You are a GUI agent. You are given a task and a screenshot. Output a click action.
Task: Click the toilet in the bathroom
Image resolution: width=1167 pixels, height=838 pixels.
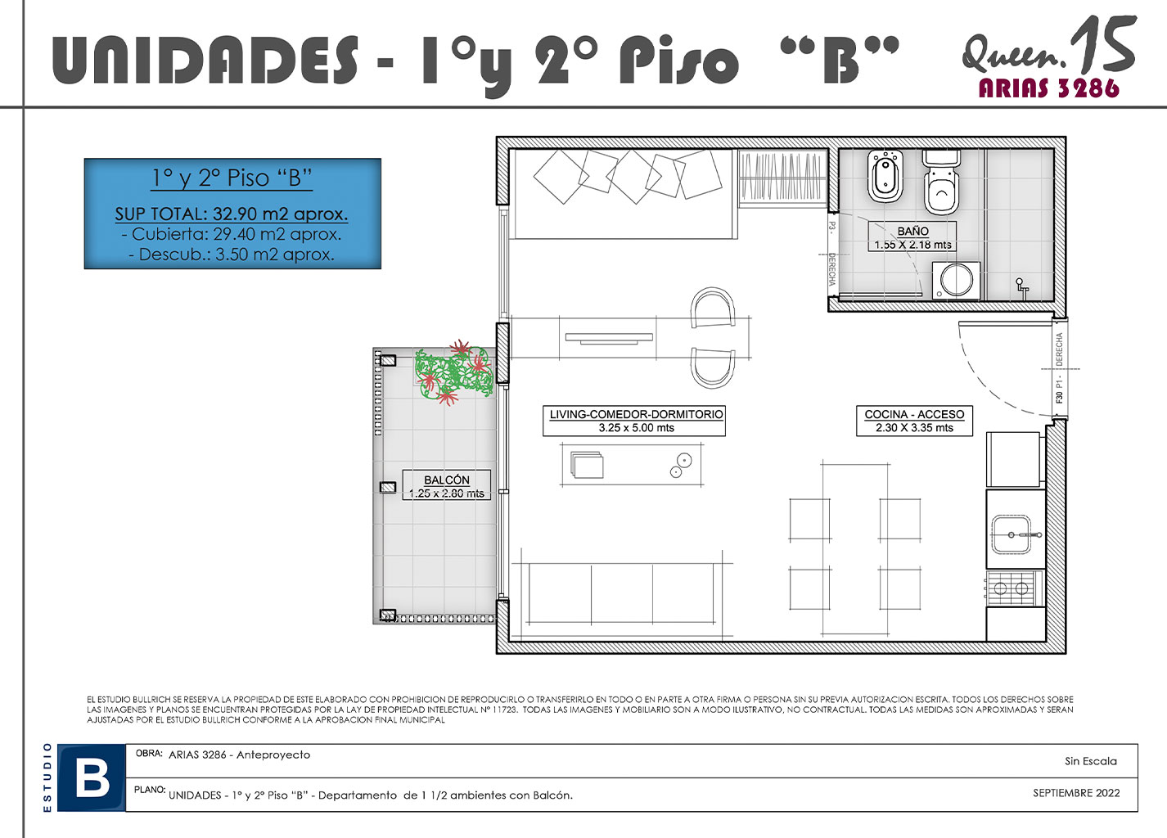tap(941, 182)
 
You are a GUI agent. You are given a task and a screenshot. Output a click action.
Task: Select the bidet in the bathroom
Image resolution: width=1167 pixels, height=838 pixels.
tap(885, 177)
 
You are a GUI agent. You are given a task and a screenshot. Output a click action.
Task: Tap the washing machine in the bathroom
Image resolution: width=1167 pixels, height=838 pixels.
tap(956, 281)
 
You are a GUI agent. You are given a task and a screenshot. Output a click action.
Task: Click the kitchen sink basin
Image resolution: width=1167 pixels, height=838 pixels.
tap(1011, 534)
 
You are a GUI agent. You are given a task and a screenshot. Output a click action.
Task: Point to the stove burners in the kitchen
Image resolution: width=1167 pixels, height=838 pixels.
tap(1011, 588)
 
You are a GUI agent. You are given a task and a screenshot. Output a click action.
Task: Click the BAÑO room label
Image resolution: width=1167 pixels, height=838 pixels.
tap(912, 231)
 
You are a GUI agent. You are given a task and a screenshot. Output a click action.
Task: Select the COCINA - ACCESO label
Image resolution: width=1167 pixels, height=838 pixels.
tap(914, 414)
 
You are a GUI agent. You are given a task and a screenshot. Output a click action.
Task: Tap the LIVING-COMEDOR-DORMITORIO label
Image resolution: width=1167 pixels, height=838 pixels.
tap(636, 414)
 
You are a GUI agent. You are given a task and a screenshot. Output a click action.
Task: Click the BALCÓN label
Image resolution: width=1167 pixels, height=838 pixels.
tap(447, 480)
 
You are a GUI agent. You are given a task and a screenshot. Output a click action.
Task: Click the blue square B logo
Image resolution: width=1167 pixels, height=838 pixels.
tap(92, 777)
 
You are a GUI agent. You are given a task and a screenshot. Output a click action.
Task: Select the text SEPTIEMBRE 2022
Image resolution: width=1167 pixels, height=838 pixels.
tap(1076, 793)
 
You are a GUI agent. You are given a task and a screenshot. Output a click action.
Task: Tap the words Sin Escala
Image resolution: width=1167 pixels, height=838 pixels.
tap(1090, 761)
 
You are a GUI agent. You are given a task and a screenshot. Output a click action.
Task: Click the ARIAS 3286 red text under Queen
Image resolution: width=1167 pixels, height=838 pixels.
tap(1048, 88)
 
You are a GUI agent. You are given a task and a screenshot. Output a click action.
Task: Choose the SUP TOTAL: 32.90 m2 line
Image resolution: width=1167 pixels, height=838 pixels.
tap(232, 214)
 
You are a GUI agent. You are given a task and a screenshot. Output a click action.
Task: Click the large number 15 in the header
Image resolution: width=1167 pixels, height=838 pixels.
tap(1102, 44)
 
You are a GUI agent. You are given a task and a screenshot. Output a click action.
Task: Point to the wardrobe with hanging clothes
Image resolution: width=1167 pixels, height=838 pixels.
tap(782, 178)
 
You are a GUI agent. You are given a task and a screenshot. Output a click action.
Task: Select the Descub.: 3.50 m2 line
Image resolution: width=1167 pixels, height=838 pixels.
tap(232, 255)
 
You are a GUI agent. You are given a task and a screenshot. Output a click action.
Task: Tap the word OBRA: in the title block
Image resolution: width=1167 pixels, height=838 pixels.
tap(149, 754)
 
